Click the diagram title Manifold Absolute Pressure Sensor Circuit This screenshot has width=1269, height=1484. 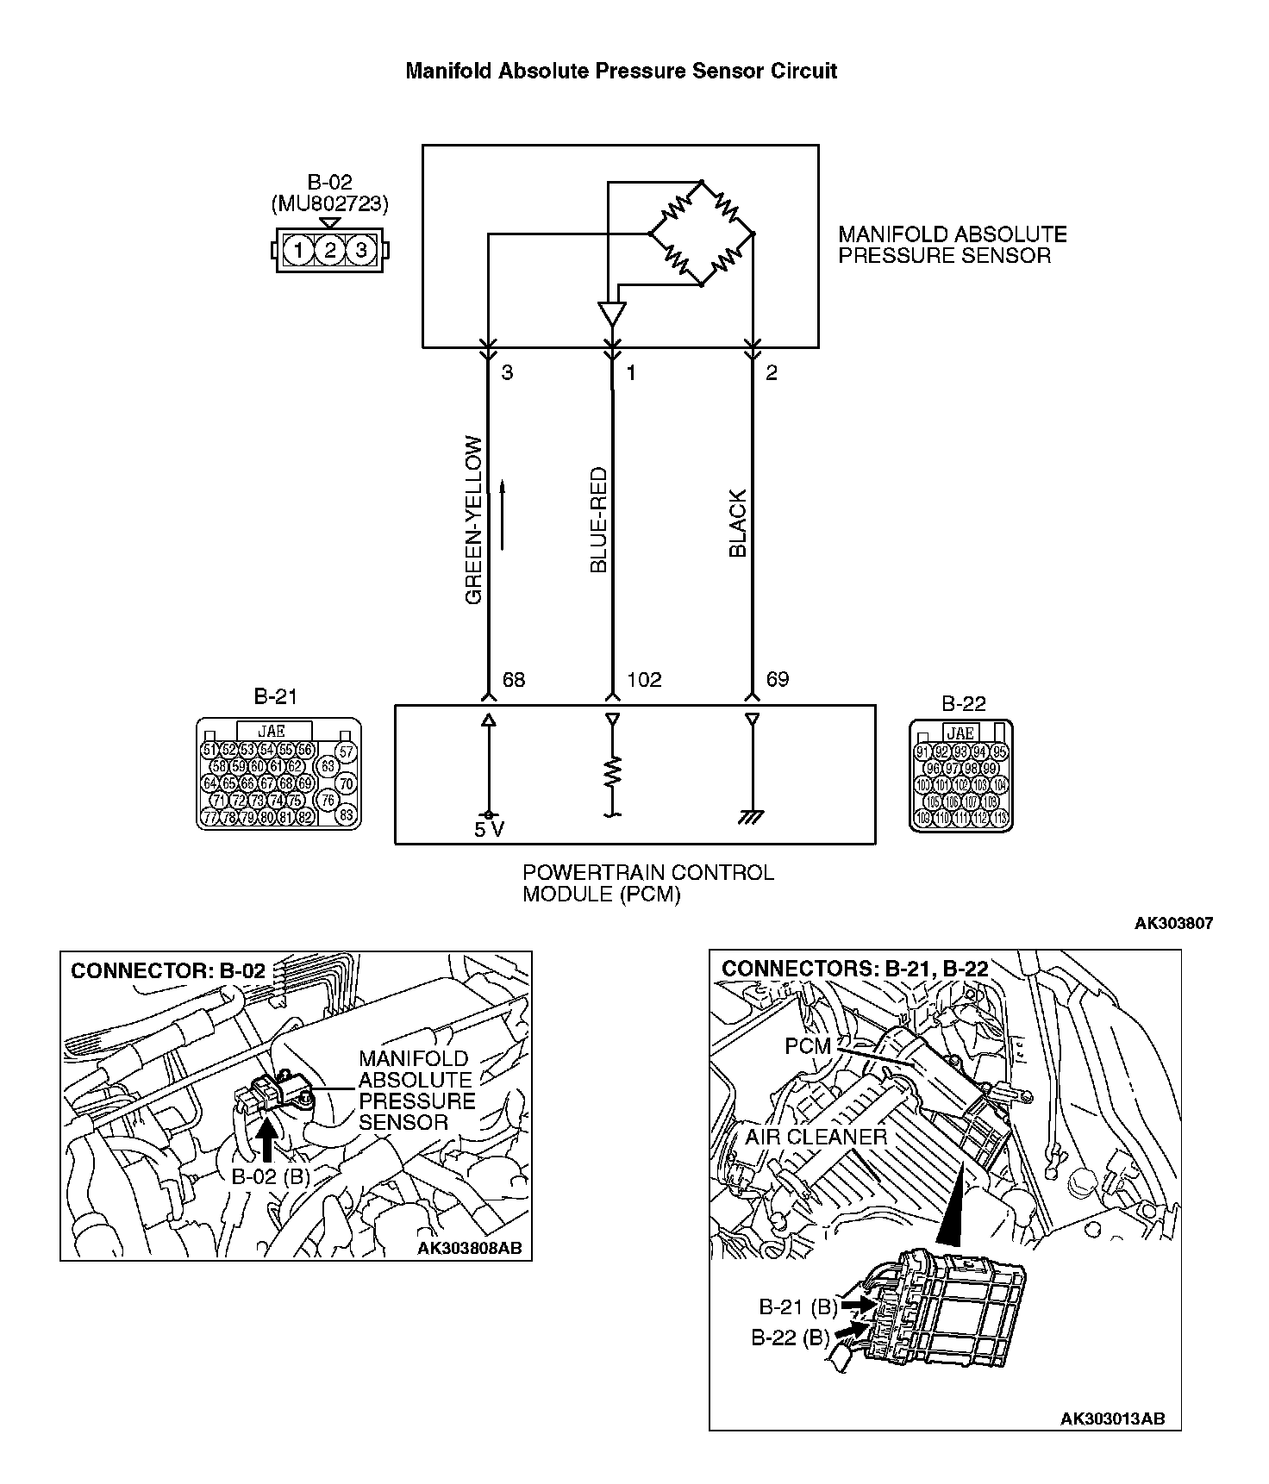pos(621,71)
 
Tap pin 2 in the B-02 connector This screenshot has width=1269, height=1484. pos(329,251)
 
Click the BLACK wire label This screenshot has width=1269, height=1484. pos(738,524)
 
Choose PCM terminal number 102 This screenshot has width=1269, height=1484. pos(644,680)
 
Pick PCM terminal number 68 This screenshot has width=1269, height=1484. pos(513,680)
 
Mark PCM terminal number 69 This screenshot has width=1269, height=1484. pos(777,680)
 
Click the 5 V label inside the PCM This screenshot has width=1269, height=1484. pos(489,830)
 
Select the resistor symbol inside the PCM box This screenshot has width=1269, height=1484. pos(612,771)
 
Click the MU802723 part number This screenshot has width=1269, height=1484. pos(329,205)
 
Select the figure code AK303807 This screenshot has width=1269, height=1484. pos(1173,923)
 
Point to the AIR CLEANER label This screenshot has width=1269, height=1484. pos(816,1137)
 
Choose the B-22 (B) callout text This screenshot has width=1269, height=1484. pos(790,1338)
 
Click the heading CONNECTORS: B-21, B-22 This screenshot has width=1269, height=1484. pos(854,969)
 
